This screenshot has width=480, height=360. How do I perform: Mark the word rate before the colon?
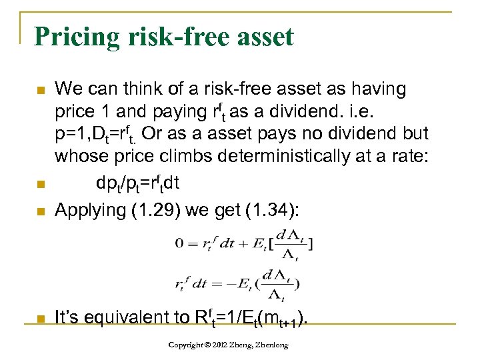(x=405, y=157)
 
